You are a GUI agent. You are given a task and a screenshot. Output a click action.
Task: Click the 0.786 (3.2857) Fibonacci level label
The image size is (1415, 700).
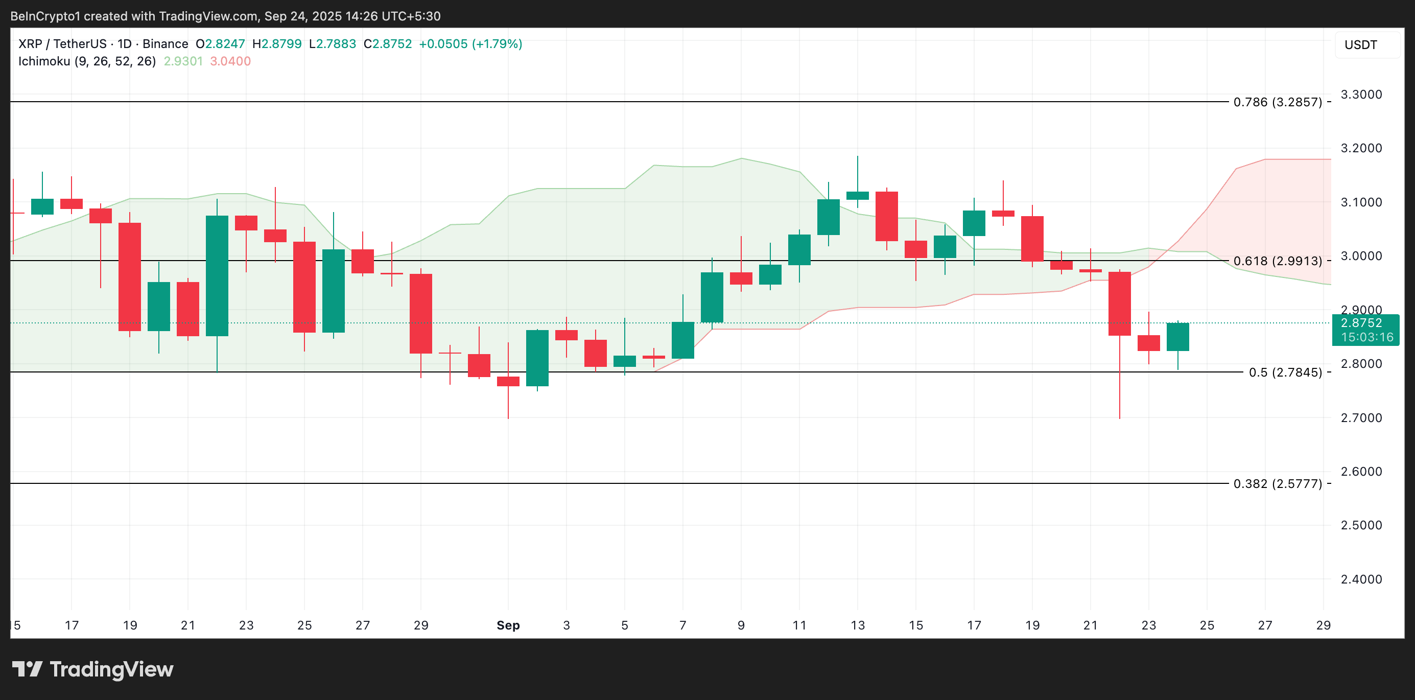click(x=1277, y=102)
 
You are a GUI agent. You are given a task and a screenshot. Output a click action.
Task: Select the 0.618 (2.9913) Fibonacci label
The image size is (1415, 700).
click(x=1277, y=261)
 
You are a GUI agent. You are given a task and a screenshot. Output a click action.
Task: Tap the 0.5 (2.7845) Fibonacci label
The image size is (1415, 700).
click(x=1285, y=372)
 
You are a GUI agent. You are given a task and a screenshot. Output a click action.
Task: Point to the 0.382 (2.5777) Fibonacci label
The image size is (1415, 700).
click(x=1277, y=484)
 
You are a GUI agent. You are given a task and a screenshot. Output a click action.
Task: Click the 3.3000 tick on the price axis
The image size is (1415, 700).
click(x=1361, y=95)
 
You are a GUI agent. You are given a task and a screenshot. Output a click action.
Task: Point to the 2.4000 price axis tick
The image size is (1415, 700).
click(x=1361, y=579)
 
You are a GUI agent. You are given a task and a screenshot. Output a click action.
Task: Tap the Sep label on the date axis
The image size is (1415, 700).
click(x=508, y=625)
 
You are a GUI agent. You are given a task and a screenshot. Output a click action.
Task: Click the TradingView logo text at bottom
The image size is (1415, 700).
click(x=111, y=669)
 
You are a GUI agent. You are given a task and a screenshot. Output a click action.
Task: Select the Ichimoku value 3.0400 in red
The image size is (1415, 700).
click(x=230, y=61)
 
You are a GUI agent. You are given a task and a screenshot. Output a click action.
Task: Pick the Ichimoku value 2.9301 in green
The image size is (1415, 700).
click(x=183, y=61)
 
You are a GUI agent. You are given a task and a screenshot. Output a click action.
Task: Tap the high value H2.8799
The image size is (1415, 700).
click(x=277, y=44)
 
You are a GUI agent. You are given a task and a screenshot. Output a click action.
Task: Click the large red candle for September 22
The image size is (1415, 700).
click(x=1119, y=304)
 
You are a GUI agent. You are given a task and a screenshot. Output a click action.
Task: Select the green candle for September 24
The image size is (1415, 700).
click(x=1177, y=337)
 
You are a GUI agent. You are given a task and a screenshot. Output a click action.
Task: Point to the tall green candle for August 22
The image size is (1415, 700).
click(x=217, y=276)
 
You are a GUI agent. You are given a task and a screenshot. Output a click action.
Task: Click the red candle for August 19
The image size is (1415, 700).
click(x=130, y=277)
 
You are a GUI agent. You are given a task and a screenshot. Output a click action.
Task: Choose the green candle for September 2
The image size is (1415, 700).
click(x=537, y=358)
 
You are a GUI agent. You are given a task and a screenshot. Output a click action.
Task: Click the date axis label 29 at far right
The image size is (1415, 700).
click(x=1323, y=625)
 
